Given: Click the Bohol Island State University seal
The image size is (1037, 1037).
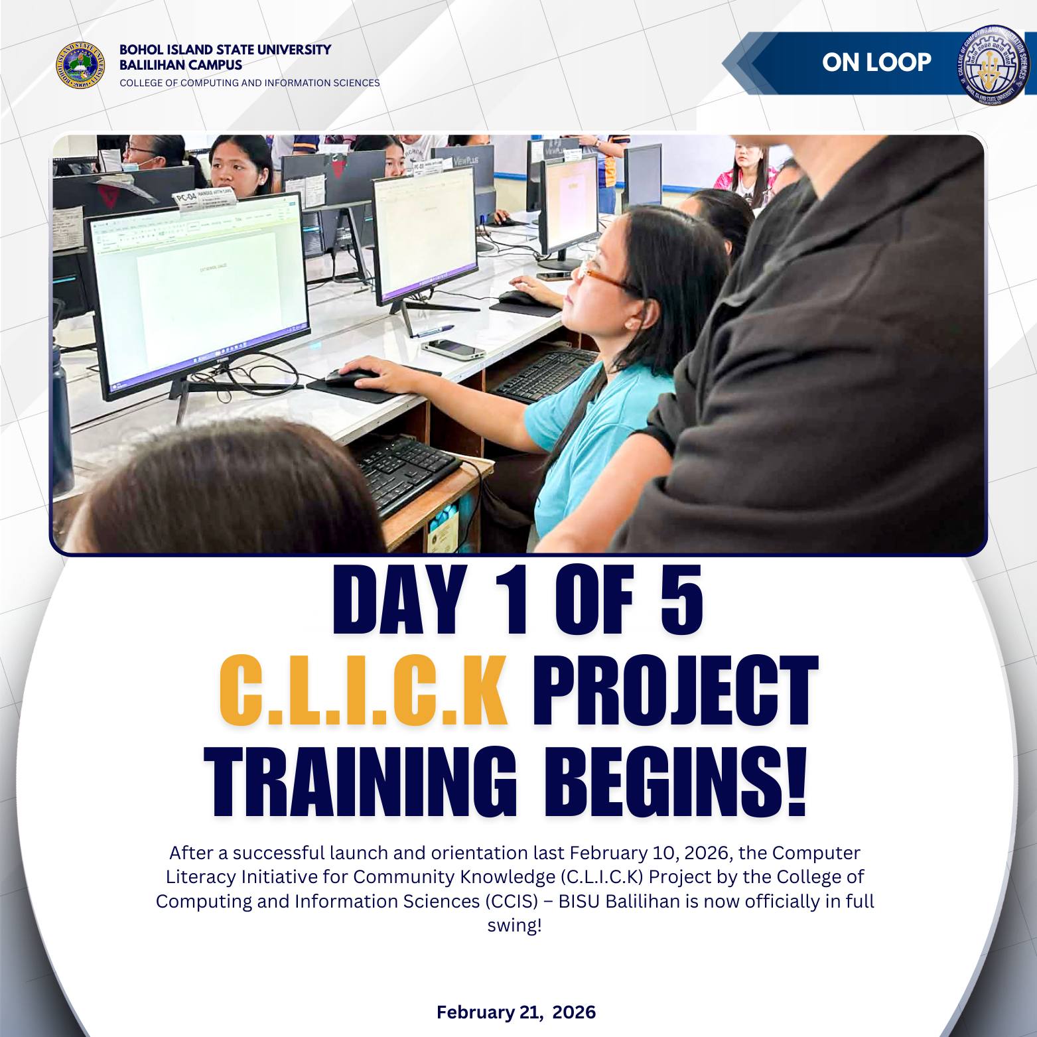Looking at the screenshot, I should point(80,65).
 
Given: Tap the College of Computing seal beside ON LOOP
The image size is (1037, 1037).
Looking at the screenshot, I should point(992,65).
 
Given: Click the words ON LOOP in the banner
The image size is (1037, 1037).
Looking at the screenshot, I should point(876,62).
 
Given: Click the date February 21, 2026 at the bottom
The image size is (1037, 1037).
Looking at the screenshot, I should point(516,1012).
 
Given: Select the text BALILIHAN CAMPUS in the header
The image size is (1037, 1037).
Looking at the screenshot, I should point(180,65).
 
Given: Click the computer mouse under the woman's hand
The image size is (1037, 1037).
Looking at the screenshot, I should point(352,378).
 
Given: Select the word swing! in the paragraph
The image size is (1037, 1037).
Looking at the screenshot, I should point(515,926).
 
